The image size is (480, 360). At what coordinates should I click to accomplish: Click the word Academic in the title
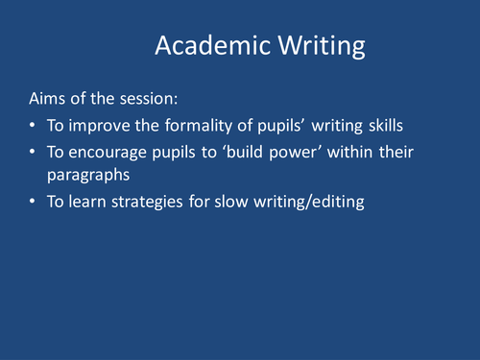[205, 46]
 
